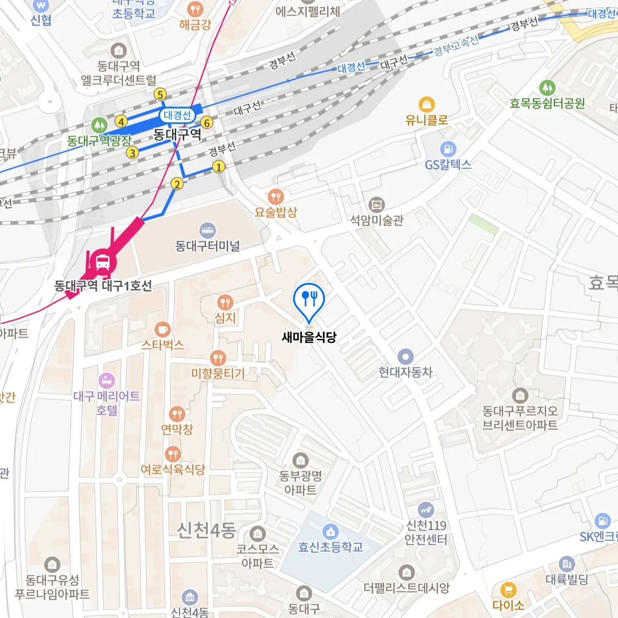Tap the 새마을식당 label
click(309, 337)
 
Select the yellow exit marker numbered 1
click(219, 167)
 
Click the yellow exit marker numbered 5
click(160, 94)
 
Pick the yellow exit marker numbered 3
click(132, 153)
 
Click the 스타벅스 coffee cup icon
click(162, 330)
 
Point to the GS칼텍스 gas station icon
click(448, 149)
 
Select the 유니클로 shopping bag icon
click(426, 105)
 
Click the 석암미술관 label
click(377, 220)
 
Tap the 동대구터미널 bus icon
click(208, 231)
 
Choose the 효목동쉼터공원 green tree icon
click(547, 88)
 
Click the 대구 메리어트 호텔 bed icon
click(107, 381)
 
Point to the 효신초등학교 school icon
click(331, 531)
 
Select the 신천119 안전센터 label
click(426, 533)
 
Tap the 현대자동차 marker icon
click(406, 356)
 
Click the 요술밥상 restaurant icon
click(276, 196)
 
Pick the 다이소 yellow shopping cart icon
click(508, 590)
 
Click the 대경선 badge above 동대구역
click(177, 115)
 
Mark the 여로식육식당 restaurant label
click(173, 470)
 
